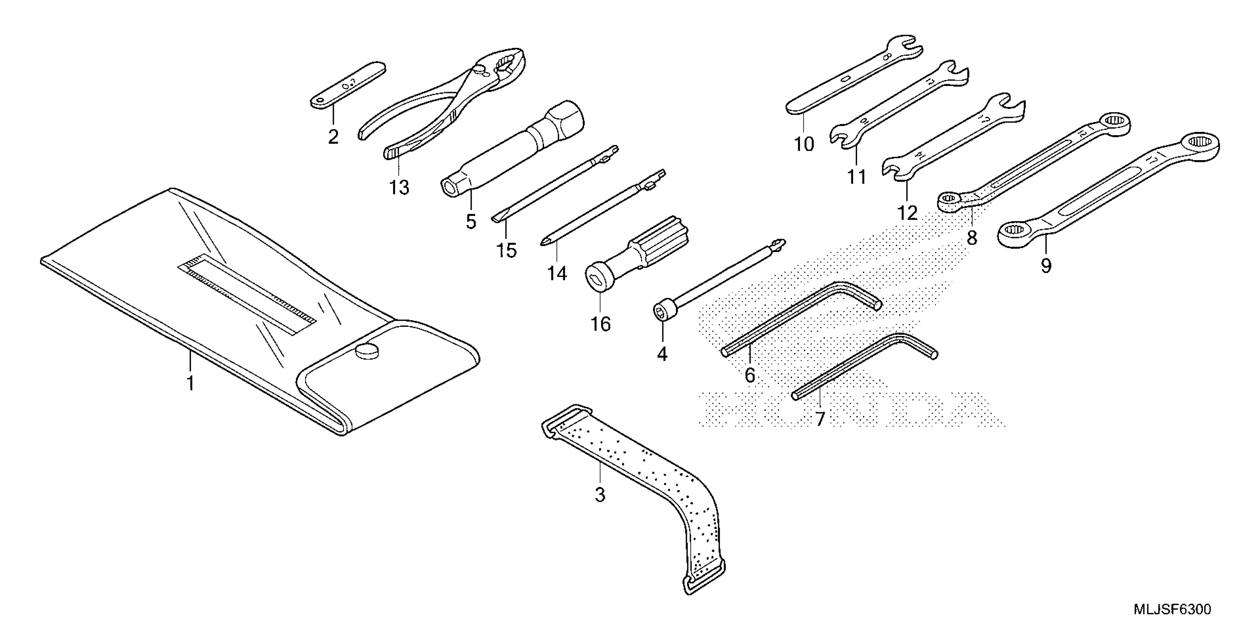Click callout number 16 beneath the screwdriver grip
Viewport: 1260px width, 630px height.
click(601, 324)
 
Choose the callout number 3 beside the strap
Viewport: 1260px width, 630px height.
click(600, 495)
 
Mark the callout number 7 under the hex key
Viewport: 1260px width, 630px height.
click(820, 419)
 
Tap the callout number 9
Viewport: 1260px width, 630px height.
click(1046, 266)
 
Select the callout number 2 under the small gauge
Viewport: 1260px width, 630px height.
click(333, 137)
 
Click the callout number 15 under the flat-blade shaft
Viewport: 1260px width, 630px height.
click(506, 251)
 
